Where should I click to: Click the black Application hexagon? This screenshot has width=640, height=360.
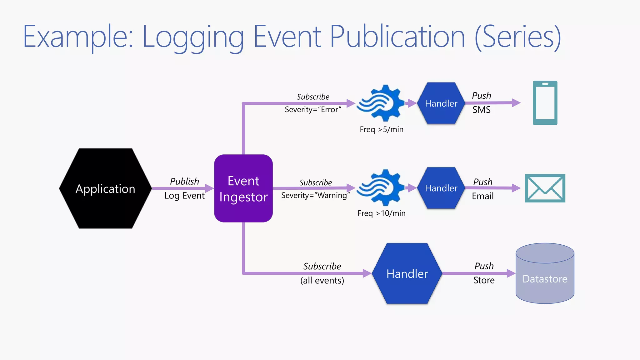coord(105,188)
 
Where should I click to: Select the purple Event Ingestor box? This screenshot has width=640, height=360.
coord(243,188)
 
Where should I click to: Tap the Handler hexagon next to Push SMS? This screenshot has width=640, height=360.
coord(441,103)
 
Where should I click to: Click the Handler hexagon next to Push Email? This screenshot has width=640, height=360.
coord(441,188)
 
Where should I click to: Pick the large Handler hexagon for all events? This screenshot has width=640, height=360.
coord(407,274)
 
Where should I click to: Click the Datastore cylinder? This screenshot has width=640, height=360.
coord(545,278)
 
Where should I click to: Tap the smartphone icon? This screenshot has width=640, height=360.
coord(545,103)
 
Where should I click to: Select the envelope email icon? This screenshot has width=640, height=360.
coord(545,188)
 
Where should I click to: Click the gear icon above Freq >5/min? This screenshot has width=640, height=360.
coord(380,103)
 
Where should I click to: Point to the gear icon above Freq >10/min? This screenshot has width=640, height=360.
coord(380,188)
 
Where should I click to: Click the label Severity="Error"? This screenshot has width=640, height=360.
coord(313,110)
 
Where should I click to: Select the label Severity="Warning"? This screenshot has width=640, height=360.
coord(315,196)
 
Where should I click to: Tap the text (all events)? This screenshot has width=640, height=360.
coord(322,280)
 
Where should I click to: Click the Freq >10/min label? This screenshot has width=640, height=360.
coord(382,213)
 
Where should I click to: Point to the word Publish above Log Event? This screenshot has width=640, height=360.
coord(184,181)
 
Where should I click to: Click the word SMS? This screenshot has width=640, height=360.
coord(481,110)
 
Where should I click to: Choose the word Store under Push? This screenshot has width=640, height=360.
coord(484,280)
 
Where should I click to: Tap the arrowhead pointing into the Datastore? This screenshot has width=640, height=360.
coord(511,273)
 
